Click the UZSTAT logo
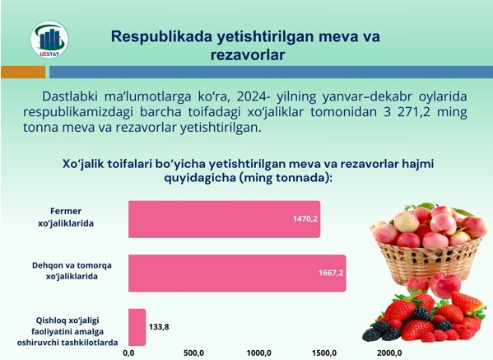(x=49, y=40)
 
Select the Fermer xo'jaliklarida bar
(x=224, y=219)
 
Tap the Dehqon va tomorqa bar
(x=237, y=274)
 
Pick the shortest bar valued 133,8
(x=137, y=327)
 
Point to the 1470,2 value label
(x=305, y=218)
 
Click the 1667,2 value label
(x=331, y=273)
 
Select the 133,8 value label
(x=159, y=327)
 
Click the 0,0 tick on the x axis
(x=128, y=353)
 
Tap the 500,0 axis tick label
(x=193, y=353)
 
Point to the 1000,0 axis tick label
(x=258, y=353)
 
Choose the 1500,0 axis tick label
(x=324, y=353)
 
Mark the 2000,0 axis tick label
(x=389, y=353)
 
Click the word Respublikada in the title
(x=161, y=37)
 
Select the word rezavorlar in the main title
(x=248, y=54)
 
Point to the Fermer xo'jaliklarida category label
(x=66, y=217)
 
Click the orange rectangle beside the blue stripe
(x=23, y=72)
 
